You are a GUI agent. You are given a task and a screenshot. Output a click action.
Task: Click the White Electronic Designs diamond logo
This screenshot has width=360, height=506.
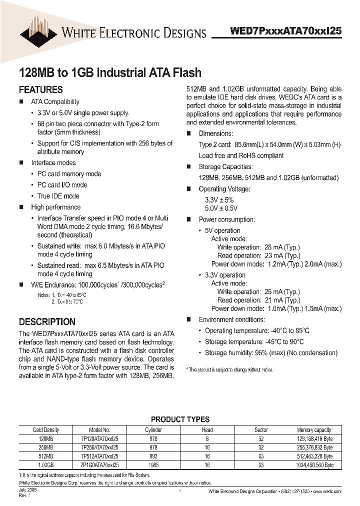[38, 30]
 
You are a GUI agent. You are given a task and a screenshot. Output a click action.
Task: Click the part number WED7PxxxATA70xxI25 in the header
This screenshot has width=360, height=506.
[285, 30]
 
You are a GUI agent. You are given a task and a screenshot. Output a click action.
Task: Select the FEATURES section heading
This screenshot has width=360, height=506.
[40, 90]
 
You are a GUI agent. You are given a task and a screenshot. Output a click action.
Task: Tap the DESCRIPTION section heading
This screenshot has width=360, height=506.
[47, 321]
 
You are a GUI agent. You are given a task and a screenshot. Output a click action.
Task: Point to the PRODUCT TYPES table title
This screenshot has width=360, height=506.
[180, 419]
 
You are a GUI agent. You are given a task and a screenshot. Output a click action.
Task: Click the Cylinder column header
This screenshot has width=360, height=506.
[153, 429]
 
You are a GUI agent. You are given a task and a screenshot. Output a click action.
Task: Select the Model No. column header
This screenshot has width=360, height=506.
[99, 429]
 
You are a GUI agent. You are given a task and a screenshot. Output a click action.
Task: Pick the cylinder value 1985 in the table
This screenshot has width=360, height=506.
[153, 465]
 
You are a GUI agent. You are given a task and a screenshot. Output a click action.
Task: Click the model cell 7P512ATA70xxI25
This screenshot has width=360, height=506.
[99, 456]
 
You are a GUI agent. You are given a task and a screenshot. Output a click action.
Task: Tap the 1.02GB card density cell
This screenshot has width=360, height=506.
[46, 465]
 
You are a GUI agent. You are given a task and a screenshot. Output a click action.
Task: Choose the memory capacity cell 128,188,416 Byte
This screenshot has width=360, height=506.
[314, 438]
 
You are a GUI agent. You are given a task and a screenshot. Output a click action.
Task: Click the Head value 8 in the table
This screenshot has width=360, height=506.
[207, 438]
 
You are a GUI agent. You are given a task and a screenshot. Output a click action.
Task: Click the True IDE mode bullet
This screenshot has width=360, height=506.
[58, 196]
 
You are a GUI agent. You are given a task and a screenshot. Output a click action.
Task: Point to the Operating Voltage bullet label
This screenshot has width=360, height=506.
[224, 189]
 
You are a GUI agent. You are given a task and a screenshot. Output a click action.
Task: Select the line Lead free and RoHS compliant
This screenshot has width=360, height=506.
[241, 155]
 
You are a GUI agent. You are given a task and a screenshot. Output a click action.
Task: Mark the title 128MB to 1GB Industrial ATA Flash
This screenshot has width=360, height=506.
[110, 72]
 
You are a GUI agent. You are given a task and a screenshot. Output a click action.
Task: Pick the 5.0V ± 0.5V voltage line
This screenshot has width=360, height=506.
[221, 208]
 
